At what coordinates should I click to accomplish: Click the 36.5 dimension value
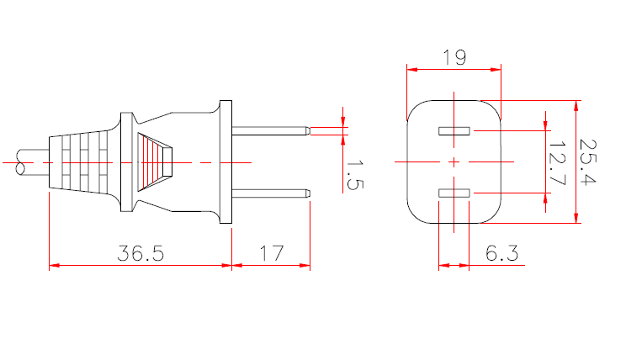[x=140, y=251]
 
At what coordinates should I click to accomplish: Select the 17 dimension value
[x=271, y=251]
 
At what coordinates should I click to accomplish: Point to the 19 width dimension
[x=454, y=57]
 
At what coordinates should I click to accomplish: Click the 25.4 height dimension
[x=591, y=162]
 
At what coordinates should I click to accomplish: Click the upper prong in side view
[x=269, y=131]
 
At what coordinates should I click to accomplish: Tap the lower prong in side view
[x=269, y=193]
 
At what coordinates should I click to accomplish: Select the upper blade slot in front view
[x=454, y=131]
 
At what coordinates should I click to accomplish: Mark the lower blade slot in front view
[x=454, y=193]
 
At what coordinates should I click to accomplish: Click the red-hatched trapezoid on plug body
[x=156, y=160]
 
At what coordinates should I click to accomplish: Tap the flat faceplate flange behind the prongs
[x=225, y=161]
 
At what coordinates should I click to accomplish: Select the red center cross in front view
[x=454, y=161]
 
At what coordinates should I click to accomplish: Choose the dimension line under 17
[x=271, y=266]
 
